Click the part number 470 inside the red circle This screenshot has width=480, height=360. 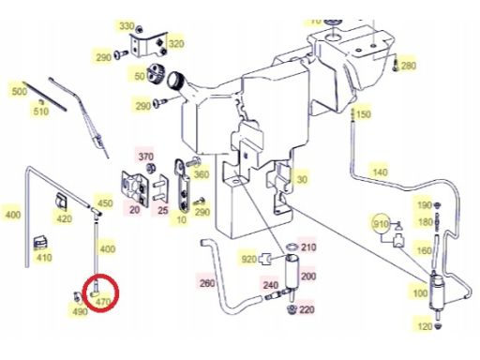pyautogui.click(x=103, y=302)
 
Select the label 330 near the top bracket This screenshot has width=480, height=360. pyautogui.click(x=127, y=26)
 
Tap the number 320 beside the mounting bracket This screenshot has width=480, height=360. pyautogui.click(x=176, y=44)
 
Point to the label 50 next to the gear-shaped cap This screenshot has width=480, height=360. pyautogui.click(x=140, y=76)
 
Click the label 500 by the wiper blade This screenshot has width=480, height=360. pyautogui.click(x=19, y=92)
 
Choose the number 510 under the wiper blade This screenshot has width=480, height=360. pyautogui.click(x=41, y=112)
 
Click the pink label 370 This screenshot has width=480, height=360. pyautogui.click(x=145, y=157)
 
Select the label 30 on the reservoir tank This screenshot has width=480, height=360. pyautogui.click(x=302, y=179)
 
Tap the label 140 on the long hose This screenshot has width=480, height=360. pyautogui.click(x=380, y=172)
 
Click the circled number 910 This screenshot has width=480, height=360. pyautogui.click(x=381, y=224)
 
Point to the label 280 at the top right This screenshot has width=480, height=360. pyautogui.click(x=409, y=66)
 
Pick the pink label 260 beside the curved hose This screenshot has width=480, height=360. pyautogui.click(x=207, y=283)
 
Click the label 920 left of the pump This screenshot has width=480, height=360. pyautogui.click(x=249, y=259)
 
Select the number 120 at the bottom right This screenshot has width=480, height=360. pyautogui.click(x=425, y=326)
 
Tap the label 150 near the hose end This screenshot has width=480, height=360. pyautogui.click(x=364, y=114)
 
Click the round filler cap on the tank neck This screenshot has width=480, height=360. pyautogui.click(x=174, y=80)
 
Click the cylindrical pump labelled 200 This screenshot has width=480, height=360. pyautogui.click(x=292, y=270)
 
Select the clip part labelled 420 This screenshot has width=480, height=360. pyautogui.click(x=61, y=201)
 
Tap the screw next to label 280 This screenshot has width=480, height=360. pyautogui.click(x=396, y=65)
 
